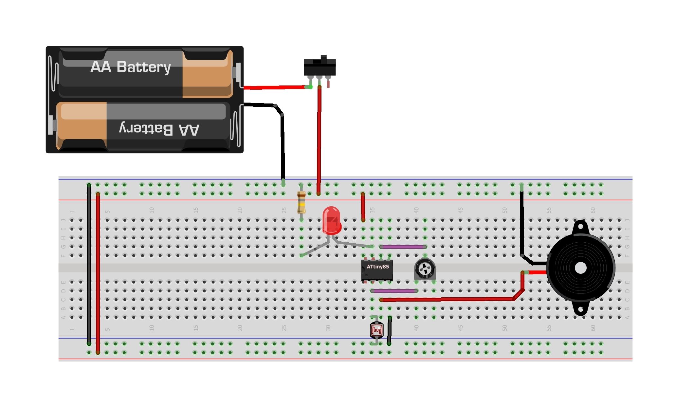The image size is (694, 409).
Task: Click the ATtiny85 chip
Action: [377, 270]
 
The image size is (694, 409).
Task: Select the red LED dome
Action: [331, 220]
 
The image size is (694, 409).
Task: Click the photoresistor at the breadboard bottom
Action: [376, 330]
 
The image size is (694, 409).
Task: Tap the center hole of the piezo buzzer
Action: [580, 268]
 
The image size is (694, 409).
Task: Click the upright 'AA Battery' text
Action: [131, 67]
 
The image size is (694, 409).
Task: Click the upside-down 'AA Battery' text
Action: [159, 129]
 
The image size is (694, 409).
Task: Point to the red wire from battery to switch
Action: [275, 87]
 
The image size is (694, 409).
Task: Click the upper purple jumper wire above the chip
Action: [403, 247]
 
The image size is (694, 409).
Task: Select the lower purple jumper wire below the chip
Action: [394, 291]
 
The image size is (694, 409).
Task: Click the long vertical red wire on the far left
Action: [98, 272]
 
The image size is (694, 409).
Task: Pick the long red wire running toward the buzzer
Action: [448, 299]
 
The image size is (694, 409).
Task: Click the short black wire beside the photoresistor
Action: [389, 331]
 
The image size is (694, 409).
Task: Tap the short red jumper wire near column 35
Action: [363, 207]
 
